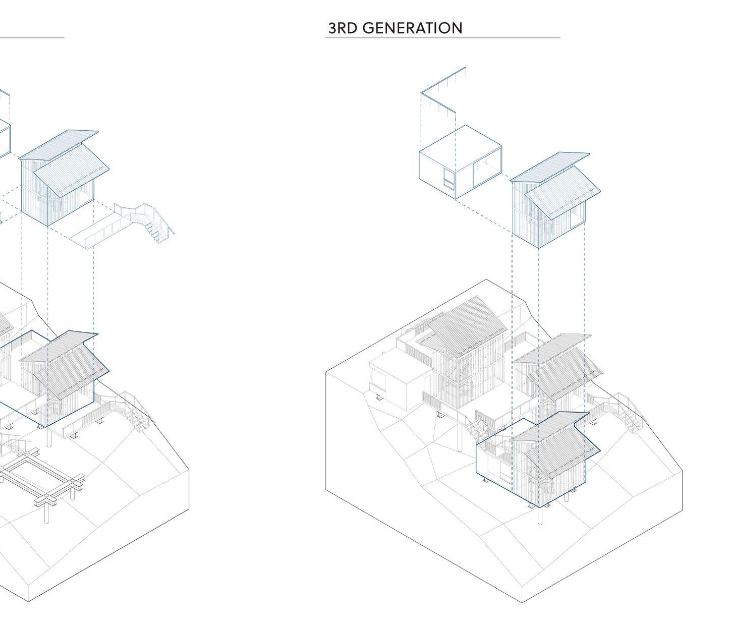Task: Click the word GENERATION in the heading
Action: click(x=412, y=28)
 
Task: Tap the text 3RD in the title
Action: click(x=343, y=28)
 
